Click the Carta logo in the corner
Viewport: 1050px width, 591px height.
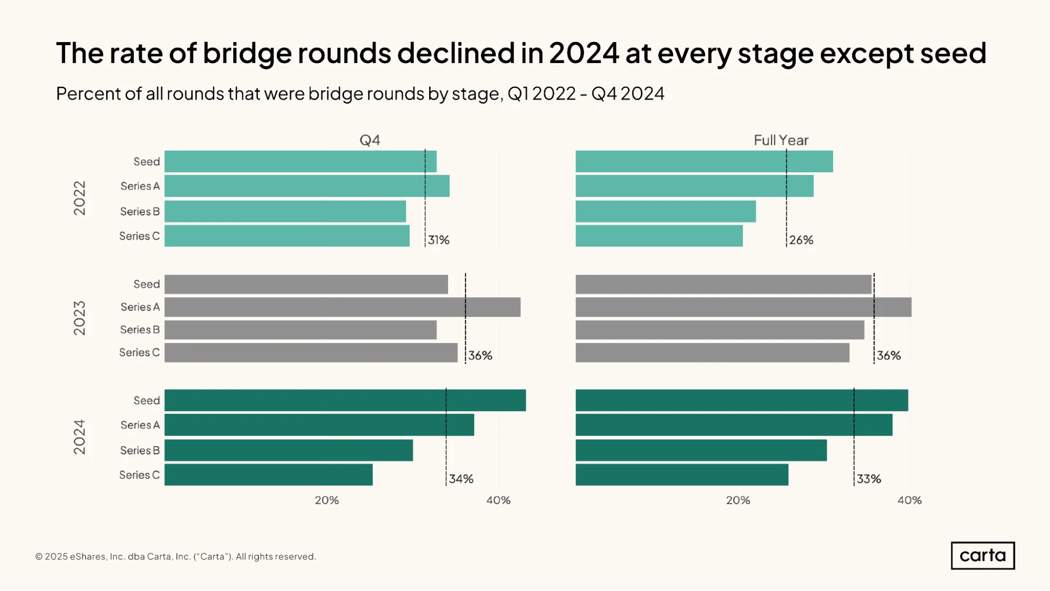983,555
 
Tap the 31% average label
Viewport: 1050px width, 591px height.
439,240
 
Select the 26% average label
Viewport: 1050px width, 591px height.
801,240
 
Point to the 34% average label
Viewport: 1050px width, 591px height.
461,479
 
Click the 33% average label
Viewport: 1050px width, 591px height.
869,479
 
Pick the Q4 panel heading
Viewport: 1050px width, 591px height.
370,140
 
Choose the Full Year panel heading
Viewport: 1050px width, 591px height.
781,140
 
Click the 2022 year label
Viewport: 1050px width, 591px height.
79,198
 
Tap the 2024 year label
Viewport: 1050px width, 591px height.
79,437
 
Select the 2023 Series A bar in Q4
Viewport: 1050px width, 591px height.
342,307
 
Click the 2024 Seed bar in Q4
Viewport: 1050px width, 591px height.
345,400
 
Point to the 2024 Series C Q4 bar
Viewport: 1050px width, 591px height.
268,475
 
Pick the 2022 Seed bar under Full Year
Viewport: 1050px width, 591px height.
704,161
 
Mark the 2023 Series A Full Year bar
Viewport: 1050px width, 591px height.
744,307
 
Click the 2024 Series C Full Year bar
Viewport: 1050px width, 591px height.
682,475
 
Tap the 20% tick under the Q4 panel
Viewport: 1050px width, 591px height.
327,500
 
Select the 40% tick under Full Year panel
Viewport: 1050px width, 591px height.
910,500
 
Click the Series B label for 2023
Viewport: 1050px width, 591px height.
140,329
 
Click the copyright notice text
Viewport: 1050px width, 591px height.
175,556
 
